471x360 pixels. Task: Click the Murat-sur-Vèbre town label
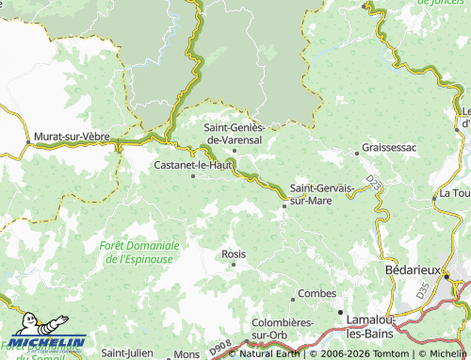[x=72, y=137]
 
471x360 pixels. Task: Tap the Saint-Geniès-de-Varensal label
[x=235, y=133]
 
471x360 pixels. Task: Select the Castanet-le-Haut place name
[x=192, y=164]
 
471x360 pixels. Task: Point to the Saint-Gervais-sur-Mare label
[x=322, y=194]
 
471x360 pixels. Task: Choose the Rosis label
[x=233, y=254]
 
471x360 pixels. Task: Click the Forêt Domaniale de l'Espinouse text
[x=138, y=252]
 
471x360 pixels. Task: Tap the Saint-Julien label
[x=126, y=353]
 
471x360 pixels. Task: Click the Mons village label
[x=187, y=353]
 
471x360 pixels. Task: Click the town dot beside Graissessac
[x=356, y=150]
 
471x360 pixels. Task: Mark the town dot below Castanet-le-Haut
[x=193, y=175]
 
